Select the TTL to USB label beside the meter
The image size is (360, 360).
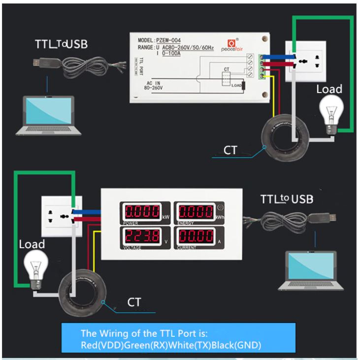[x=287, y=199]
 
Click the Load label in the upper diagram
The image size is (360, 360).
[x=328, y=90]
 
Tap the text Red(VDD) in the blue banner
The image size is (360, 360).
[x=97, y=345]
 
